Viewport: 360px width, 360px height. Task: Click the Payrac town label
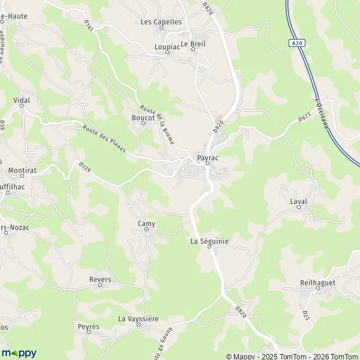point(206,158)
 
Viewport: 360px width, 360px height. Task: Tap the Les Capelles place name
point(161,22)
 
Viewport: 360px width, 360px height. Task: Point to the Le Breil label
point(193,44)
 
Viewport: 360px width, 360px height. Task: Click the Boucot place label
point(143,118)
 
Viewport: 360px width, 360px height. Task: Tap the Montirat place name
point(23,171)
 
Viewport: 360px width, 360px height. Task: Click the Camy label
point(146,224)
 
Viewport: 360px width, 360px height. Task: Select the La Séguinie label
point(209,241)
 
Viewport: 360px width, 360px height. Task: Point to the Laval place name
point(298,202)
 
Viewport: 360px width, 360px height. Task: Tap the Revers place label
point(100,280)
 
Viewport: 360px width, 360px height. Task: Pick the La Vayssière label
point(138,319)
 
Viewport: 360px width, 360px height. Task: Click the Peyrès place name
point(88,326)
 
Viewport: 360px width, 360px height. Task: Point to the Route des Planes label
point(104,140)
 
